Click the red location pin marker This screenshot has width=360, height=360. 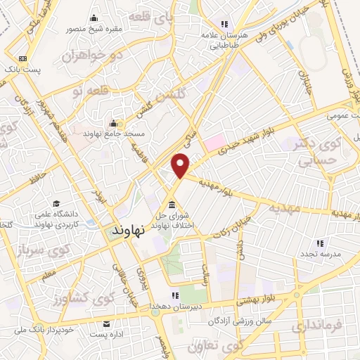(x=181, y=165)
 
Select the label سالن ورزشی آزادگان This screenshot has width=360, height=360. (x=228, y=321)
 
